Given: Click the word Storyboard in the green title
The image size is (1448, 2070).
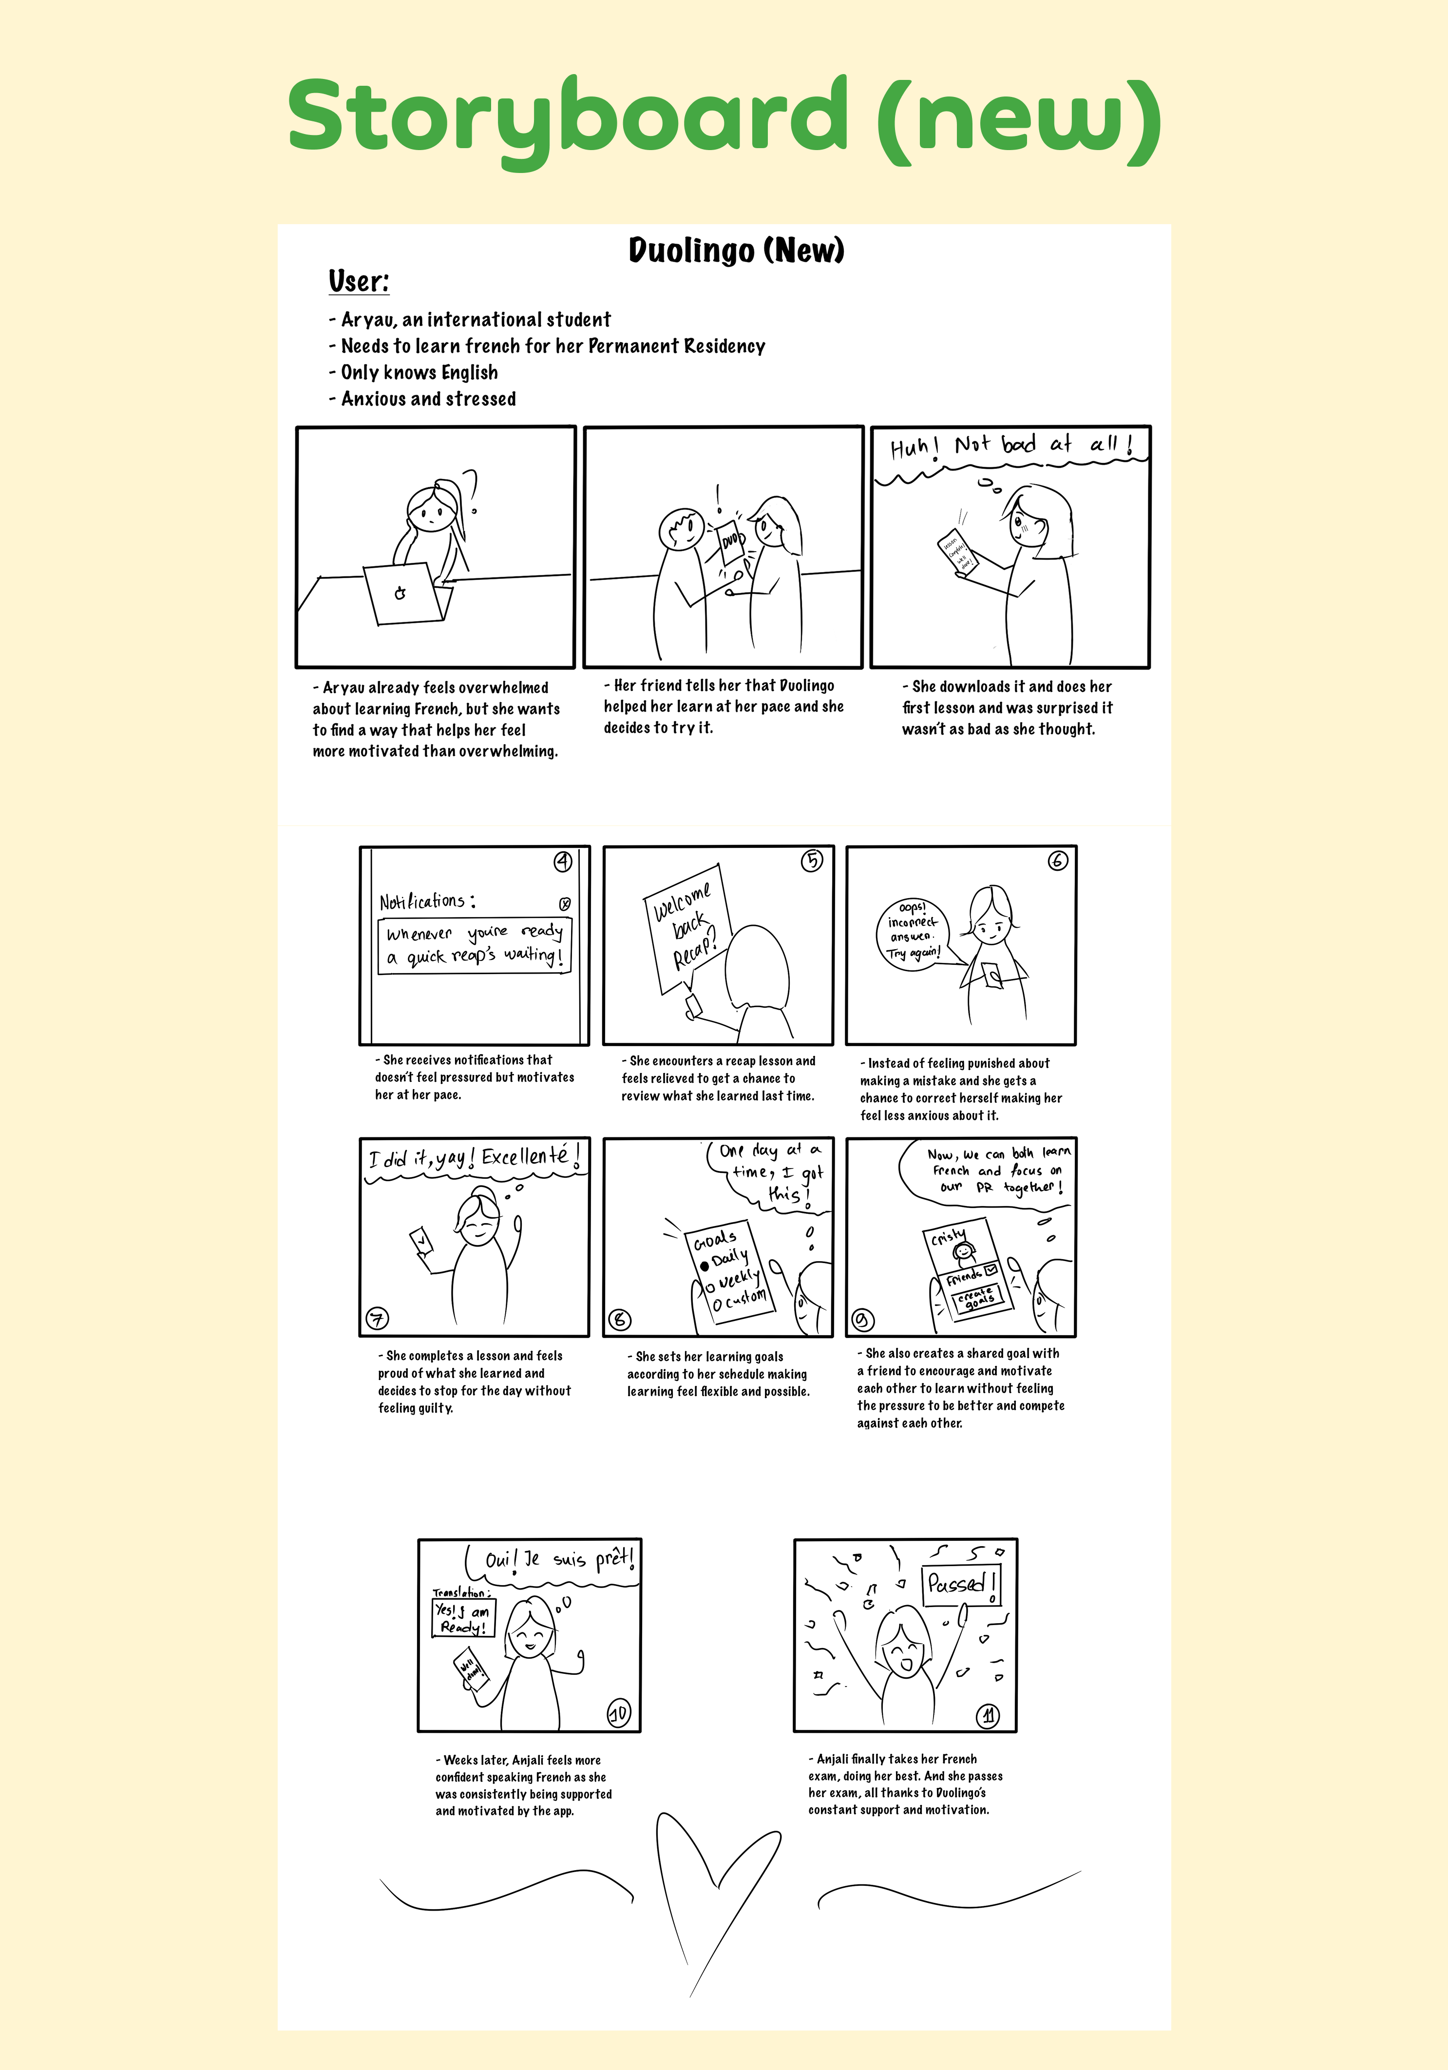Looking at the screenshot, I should coord(566,117).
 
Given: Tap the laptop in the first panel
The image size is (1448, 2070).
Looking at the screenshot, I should coord(406,593).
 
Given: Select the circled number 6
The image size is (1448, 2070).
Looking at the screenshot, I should coord(1057,861).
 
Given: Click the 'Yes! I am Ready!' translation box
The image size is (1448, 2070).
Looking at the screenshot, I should coord(463,1617).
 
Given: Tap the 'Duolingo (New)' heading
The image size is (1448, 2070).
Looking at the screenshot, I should coord(736,250).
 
